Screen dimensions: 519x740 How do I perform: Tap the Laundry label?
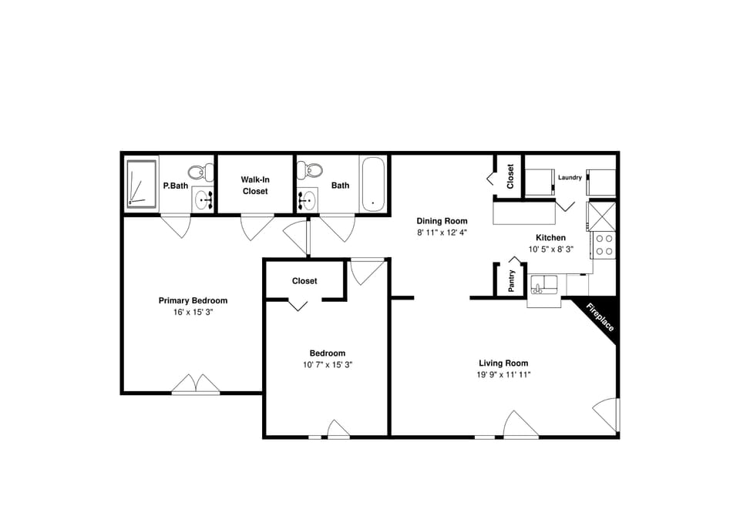[x=570, y=178]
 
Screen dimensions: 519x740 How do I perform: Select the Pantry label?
[x=512, y=280]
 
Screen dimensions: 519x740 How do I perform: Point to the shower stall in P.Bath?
[x=141, y=184]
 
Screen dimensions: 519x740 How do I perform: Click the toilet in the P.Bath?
[x=198, y=172]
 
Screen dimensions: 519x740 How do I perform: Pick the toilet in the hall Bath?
[x=313, y=171]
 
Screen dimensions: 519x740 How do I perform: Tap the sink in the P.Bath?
[x=203, y=200]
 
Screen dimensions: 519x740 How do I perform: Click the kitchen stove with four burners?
[x=604, y=245]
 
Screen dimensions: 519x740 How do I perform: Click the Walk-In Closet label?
[x=254, y=185]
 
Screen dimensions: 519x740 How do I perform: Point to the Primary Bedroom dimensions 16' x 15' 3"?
[x=193, y=312]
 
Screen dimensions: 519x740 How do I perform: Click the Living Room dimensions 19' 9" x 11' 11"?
[x=503, y=374]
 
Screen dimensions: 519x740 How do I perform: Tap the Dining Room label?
[x=442, y=221]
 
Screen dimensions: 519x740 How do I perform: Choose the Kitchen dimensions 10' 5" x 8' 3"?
[x=551, y=249]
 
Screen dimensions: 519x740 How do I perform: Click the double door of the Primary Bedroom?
[x=196, y=384]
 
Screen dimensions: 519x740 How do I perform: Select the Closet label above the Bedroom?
[x=304, y=281]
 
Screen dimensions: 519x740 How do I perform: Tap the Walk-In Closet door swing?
[x=256, y=226]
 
